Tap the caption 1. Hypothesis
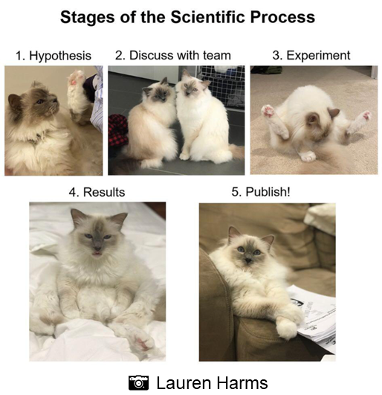[54, 56]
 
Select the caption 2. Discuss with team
[173, 56]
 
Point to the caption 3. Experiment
[311, 56]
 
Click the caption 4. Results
[97, 192]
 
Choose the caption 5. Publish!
[261, 192]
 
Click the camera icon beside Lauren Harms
[138, 382]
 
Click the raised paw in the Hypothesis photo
[76, 80]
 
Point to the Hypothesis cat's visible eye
[39, 102]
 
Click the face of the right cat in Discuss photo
[190, 86]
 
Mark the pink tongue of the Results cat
[97, 253]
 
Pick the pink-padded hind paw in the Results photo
[143, 340]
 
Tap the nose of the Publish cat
[249, 259]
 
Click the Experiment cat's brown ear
[334, 112]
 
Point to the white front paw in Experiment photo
[308, 156]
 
